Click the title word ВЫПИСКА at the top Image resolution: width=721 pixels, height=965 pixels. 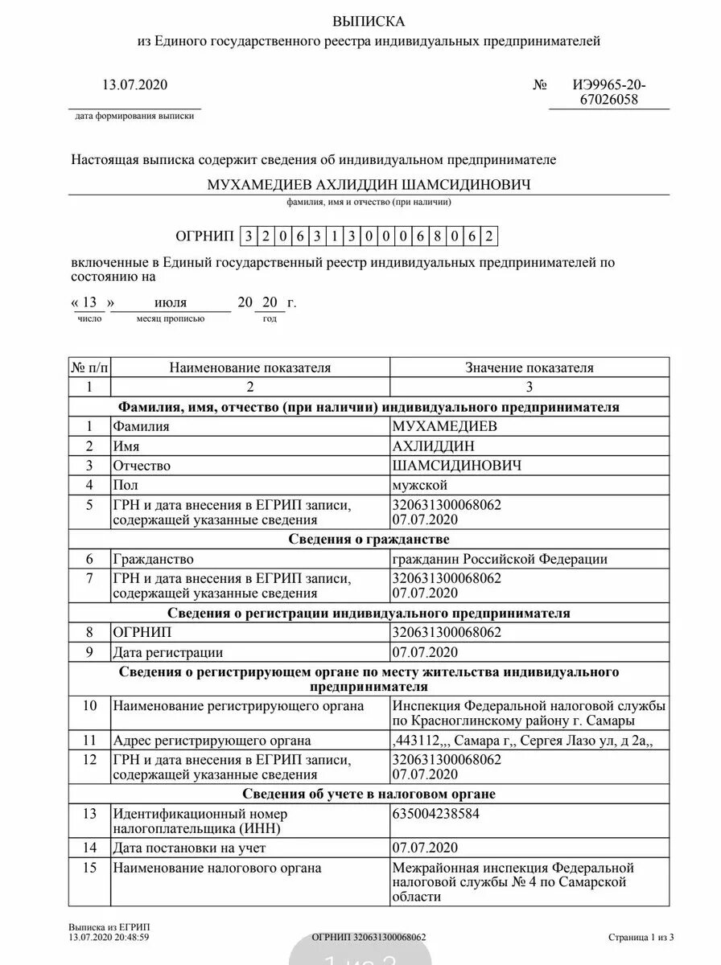click(370, 21)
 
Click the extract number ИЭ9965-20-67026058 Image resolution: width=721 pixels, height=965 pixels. click(609, 92)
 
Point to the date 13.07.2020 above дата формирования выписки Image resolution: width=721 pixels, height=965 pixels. click(135, 84)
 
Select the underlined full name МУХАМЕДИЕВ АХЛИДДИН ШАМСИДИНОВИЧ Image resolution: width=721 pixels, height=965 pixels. click(369, 185)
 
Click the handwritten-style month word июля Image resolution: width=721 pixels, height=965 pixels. click(170, 302)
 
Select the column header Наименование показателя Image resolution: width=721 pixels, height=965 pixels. click(250, 368)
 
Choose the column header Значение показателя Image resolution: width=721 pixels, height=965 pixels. click(529, 368)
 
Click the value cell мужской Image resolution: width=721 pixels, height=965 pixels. click(420, 485)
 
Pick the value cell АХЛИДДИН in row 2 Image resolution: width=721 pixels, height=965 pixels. click(433, 446)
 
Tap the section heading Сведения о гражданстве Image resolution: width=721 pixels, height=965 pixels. click(369, 539)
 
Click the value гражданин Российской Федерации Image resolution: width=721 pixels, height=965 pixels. click(500, 559)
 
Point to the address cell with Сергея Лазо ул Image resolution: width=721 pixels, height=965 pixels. click(520, 741)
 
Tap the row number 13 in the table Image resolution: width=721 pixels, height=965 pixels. click(89, 813)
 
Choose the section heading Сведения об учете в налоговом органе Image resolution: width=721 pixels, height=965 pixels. click(369, 794)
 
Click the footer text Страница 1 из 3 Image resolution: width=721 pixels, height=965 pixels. click(641, 937)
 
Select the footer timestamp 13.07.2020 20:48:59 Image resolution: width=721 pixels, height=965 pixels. click(109, 937)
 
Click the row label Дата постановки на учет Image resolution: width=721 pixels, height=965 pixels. click(189, 848)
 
